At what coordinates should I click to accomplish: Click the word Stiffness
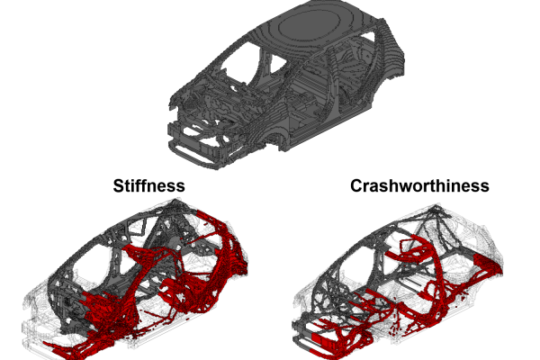click(148, 185)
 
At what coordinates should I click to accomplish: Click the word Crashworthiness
click(419, 185)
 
